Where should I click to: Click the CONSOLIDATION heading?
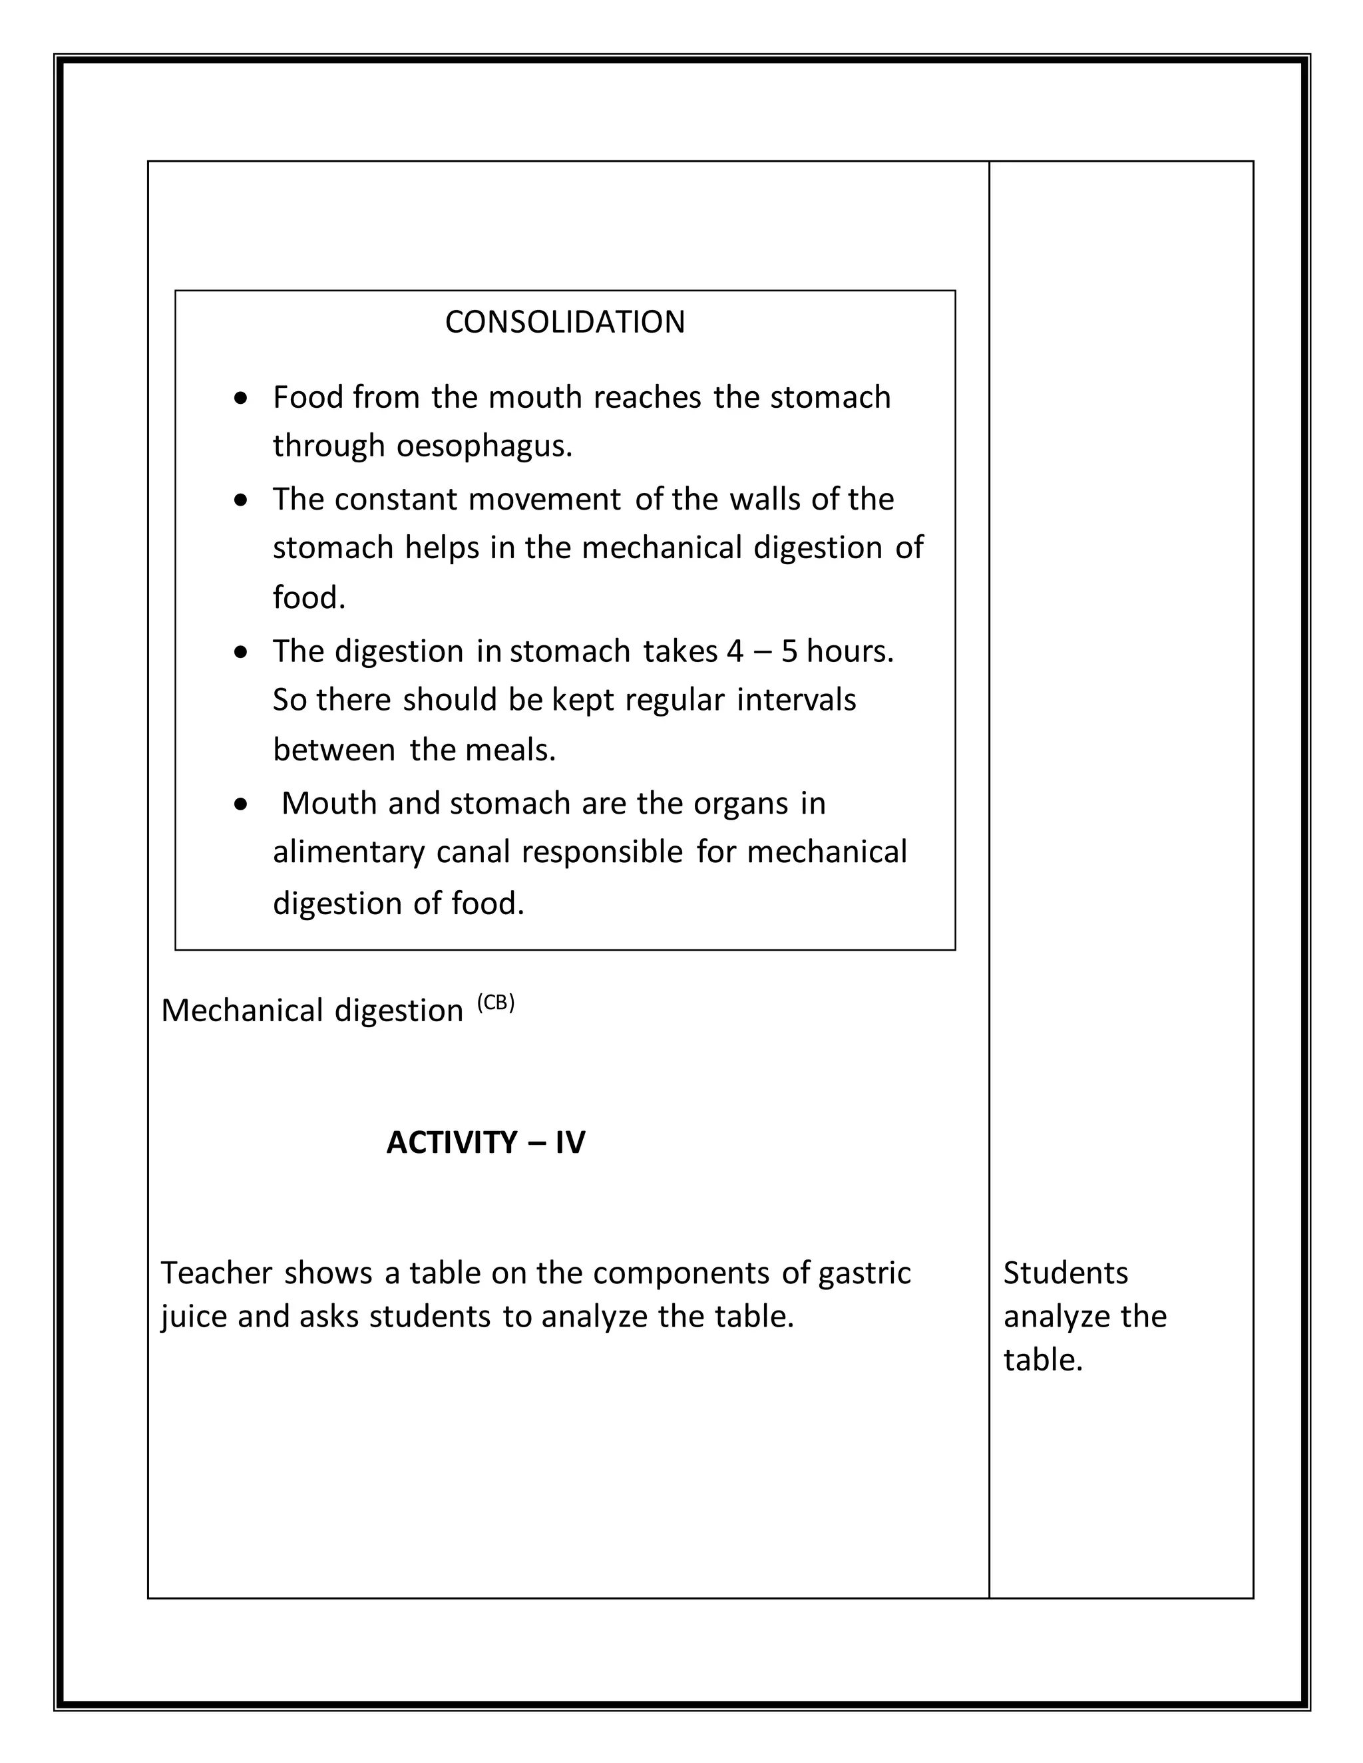(x=564, y=322)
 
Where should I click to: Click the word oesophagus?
(x=484, y=446)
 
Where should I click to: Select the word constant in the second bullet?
(x=396, y=500)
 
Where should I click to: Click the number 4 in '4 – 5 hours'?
(x=734, y=651)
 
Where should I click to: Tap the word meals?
(x=510, y=750)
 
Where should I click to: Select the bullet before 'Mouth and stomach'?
(x=241, y=805)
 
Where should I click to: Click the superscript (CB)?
(x=495, y=1003)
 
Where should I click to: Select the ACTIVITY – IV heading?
(x=485, y=1142)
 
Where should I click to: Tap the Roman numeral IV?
(x=570, y=1142)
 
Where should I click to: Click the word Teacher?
(x=216, y=1273)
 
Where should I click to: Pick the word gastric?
(x=864, y=1273)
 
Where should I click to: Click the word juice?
(x=193, y=1317)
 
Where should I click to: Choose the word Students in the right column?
(x=1065, y=1273)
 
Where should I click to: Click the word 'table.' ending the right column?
(x=1042, y=1361)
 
